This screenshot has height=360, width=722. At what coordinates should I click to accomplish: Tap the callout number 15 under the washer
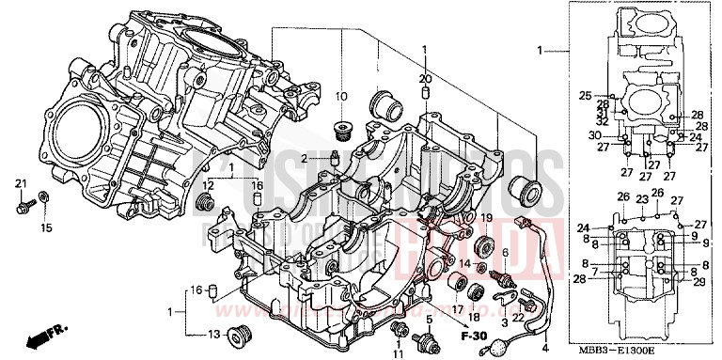point(46,227)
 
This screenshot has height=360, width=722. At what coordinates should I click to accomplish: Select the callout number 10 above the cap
point(341,97)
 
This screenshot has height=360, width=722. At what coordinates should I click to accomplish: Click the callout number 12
point(208,185)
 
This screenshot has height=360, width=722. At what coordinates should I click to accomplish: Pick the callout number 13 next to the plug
point(212,334)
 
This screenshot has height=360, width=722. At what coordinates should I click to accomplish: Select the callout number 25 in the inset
point(584,96)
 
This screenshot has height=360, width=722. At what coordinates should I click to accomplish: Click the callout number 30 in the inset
point(594,135)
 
